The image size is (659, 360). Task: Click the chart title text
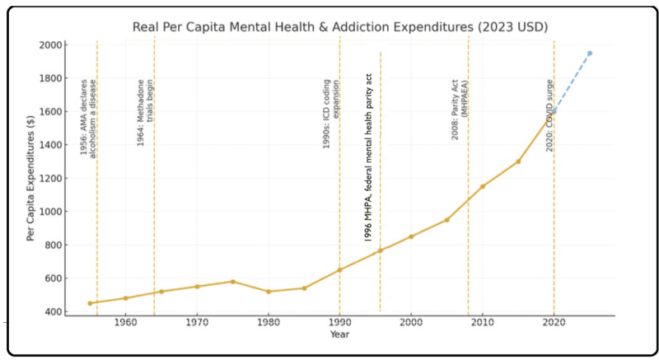(x=339, y=27)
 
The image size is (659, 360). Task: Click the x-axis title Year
(x=339, y=334)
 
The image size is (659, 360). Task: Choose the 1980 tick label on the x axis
(x=269, y=324)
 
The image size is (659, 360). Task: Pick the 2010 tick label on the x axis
(x=482, y=324)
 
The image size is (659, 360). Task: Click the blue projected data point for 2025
(x=589, y=53)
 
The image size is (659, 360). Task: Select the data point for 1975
(x=232, y=282)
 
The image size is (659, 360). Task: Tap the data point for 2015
(x=518, y=161)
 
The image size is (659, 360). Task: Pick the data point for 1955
(x=90, y=303)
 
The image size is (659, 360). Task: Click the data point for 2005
(x=446, y=220)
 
